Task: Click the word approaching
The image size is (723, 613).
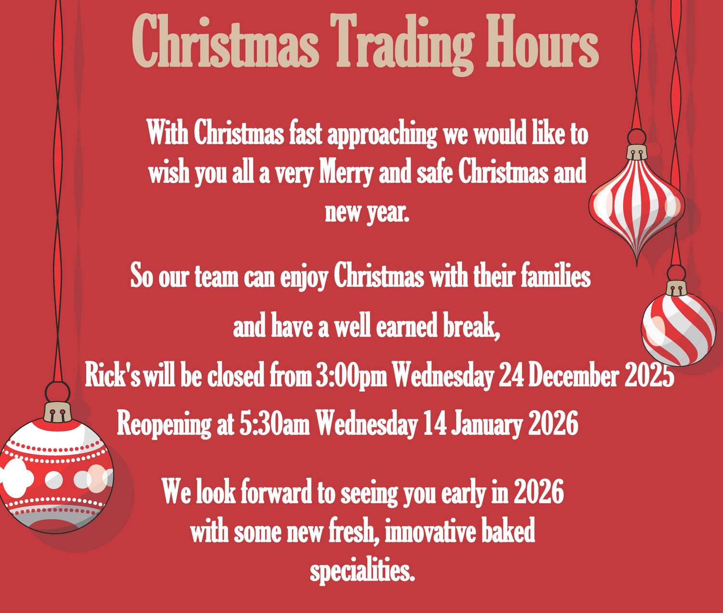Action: [382, 134]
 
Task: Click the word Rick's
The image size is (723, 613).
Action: [113, 376]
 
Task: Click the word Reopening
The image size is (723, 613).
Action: [164, 425]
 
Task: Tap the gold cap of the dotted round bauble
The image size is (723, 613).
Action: [58, 412]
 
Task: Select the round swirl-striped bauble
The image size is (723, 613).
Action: [679, 329]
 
